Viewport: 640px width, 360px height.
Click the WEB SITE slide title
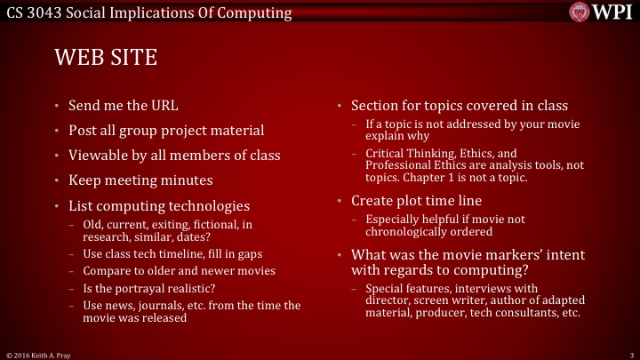(106, 58)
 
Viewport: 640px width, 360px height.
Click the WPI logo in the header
(601, 13)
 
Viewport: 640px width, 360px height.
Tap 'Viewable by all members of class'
(174, 156)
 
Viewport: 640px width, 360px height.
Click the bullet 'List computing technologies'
(159, 204)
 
